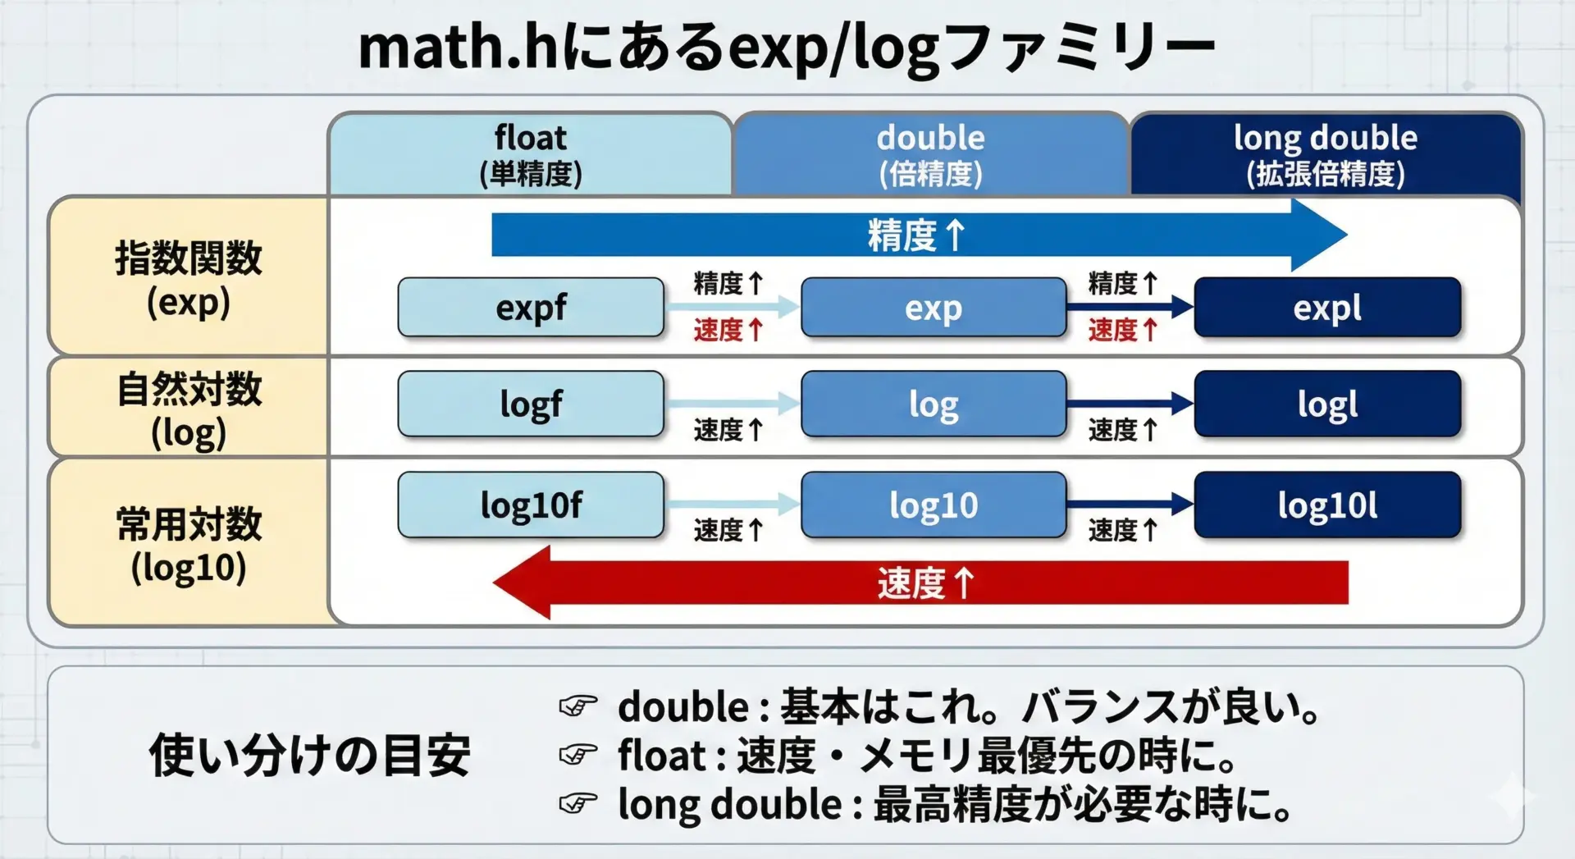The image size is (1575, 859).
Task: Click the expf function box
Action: click(x=531, y=308)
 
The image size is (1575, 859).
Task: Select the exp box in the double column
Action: click(x=934, y=308)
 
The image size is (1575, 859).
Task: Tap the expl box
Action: click(x=1327, y=308)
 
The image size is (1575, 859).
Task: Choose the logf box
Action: click(x=531, y=404)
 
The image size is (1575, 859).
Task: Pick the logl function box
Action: click(x=1327, y=404)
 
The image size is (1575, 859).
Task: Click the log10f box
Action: click(x=531, y=505)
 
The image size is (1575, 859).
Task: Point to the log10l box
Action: click(x=1327, y=505)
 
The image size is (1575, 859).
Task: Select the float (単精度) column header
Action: click(x=531, y=154)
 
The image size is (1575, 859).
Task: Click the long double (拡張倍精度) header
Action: click(x=1326, y=154)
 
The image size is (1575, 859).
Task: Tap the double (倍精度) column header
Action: click(x=931, y=154)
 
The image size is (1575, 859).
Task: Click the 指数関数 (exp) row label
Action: click(x=188, y=277)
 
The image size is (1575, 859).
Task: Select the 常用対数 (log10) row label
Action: click(x=188, y=543)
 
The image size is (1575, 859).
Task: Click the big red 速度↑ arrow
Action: click(x=920, y=583)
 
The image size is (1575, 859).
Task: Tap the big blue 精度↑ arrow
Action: click(x=919, y=235)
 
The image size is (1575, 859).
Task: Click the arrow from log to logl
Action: click(x=1130, y=403)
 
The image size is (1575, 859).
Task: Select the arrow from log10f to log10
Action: click(x=733, y=504)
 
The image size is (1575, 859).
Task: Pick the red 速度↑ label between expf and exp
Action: click(x=728, y=330)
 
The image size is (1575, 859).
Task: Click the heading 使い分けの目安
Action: click(x=309, y=755)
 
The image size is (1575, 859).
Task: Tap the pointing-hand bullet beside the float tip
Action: click(x=578, y=755)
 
